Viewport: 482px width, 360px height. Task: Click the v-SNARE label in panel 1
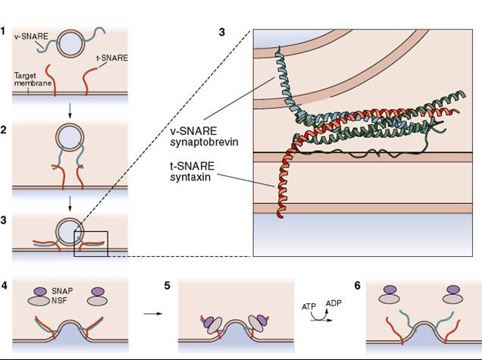(31, 36)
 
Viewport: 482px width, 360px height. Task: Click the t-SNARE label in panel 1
(112, 58)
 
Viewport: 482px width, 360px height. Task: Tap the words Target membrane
(33, 79)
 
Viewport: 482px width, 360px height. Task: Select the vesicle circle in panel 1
(71, 44)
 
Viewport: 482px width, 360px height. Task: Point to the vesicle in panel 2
(70, 137)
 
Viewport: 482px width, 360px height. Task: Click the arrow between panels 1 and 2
(70, 111)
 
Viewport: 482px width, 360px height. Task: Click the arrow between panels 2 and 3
(70, 204)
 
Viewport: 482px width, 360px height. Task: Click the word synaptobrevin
(204, 142)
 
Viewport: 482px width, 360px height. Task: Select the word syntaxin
(190, 177)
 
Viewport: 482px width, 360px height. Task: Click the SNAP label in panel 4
(62, 291)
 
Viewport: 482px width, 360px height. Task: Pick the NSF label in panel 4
(59, 300)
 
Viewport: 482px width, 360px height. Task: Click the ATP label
(308, 307)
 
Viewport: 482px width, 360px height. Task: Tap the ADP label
(333, 303)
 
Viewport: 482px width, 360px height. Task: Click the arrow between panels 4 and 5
(152, 314)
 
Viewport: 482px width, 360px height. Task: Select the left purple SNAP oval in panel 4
(40, 292)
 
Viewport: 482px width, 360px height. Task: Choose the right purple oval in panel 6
(453, 290)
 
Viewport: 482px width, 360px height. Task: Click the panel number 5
(167, 286)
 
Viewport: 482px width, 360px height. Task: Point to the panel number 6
(357, 286)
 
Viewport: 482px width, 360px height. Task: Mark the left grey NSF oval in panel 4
(39, 301)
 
